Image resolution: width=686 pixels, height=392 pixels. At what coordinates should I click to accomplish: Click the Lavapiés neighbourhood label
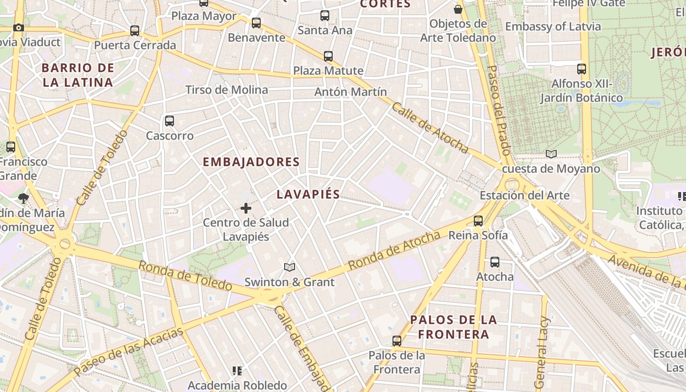[x=308, y=194]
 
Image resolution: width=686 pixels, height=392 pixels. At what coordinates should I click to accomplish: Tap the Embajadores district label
[x=251, y=162]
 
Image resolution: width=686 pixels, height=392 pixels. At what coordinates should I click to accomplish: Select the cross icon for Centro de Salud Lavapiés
[x=246, y=209]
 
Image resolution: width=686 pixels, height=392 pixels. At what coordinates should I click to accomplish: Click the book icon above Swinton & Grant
[x=290, y=267]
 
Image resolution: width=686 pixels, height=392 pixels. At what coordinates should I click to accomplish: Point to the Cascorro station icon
[x=170, y=121]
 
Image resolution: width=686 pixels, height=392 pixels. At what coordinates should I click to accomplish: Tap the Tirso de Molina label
[x=226, y=90]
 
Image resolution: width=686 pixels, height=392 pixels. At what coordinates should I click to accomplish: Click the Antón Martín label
[x=350, y=92]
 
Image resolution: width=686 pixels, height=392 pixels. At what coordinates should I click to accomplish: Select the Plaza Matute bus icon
[x=328, y=56]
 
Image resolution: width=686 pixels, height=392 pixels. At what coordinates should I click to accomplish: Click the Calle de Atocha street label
[x=430, y=128]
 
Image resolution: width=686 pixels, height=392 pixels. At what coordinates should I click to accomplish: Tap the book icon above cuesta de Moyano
[x=551, y=154]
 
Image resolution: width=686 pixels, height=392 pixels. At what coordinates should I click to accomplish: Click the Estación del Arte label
[x=524, y=196]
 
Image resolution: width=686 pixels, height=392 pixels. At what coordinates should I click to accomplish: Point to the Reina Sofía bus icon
[x=478, y=221]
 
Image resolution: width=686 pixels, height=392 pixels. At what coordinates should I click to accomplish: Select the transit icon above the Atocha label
[x=495, y=262]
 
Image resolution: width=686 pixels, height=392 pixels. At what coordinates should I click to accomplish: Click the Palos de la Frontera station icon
[x=397, y=341]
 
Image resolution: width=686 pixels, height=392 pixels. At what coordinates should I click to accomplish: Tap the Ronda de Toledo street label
[x=185, y=275]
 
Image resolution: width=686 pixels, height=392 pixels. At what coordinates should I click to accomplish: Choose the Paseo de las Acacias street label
[x=128, y=351]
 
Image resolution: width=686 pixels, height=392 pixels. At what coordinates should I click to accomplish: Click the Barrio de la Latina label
[x=78, y=75]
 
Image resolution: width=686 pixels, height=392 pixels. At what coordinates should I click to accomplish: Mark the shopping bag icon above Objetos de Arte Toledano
[x=458, y=9]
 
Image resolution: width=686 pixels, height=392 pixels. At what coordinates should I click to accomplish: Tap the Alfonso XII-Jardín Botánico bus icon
[x=582, y=69]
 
